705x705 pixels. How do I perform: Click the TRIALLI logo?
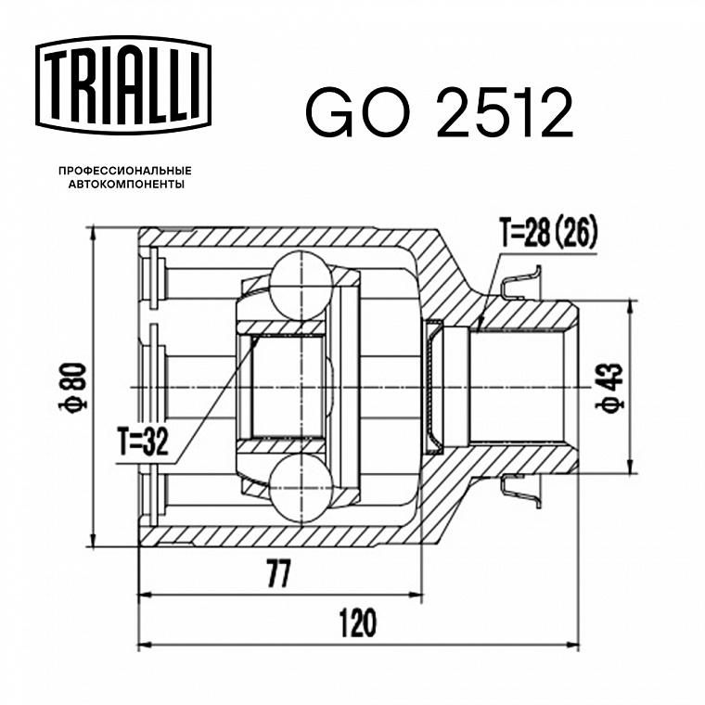pyautogui.click(x=123, y=85)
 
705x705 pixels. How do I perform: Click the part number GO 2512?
pyautogui.click(x=440, y=112)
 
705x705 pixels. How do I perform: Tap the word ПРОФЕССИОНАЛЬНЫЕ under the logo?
pyautogui.click(x=125, y=171)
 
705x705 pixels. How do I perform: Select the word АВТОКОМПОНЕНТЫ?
pyautogui.click(x=126, y=185)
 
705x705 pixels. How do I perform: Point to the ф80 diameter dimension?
pyautogui.click(x=72, y=387)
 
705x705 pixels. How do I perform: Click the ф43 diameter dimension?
pyautogui.click(x=609, y=387)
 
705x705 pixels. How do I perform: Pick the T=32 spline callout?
pyautogui.click(x=143, y=441)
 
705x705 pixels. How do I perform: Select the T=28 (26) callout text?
pyautogui.click(x=549, y=233)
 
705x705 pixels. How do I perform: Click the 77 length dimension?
pyautogui.click(x=279, y=573)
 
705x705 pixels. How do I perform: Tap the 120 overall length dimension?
pyautogui.click(x=357, y=623)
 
